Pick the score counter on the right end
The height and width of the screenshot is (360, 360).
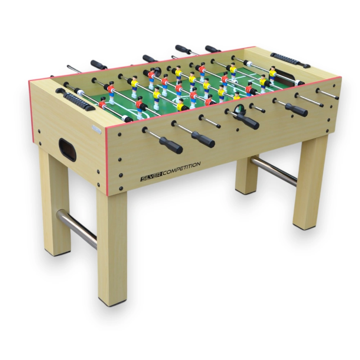click(290, 60)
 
